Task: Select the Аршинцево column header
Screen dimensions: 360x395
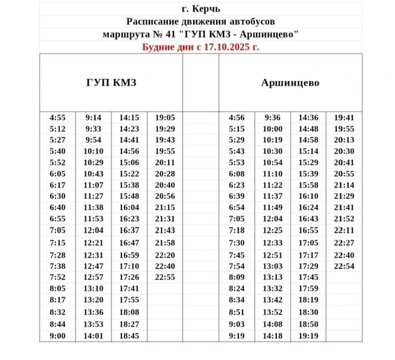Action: pos(290,83)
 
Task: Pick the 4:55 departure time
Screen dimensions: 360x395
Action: pos(57,118)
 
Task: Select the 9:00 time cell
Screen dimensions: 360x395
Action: pos(57,336)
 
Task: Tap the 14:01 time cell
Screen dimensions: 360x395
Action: pos(93,336)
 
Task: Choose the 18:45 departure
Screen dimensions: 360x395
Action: pos(129,336)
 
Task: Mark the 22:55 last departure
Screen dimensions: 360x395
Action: pos(165,277)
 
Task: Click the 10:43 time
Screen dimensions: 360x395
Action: pos(93,173)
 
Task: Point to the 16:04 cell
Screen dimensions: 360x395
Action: pos(129,208)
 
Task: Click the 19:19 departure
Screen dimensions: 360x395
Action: pos(308,336)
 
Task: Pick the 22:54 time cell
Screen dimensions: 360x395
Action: pos(344,266)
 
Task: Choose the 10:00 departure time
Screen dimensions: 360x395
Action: pos(272,129)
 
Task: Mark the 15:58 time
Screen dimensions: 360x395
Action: pos(308,185)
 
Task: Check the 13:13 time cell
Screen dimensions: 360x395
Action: pos(272,277)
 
